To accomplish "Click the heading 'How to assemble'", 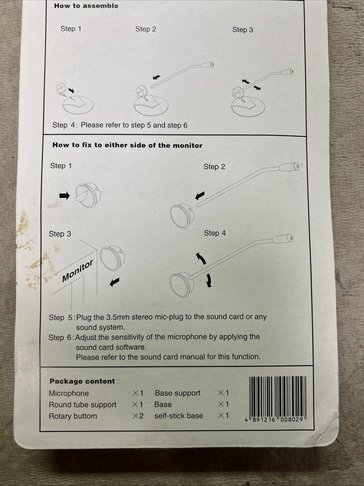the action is [x=86, y=5].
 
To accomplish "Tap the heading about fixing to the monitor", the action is [x=127, y=145].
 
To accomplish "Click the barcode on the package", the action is [x=277, y=399].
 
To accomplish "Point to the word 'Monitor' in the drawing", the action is [x=77, y=271].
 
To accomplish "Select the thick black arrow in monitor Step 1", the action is [x=65, y=195].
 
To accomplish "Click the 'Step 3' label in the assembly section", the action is [x=243, y=30].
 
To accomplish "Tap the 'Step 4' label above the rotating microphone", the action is [x=215, y=233].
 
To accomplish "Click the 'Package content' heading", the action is [x=83, y=381].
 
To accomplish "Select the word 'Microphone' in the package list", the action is [x=69, y=393].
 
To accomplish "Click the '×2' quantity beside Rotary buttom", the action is [x=138, y=416].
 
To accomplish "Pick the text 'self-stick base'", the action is [x=179, y=416].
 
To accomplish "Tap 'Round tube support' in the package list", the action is [x=83, y=404].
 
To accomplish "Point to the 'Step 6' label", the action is [x=60, y=337].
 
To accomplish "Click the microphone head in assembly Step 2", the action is [x=207, y=65].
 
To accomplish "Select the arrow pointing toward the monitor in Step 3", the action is [x=115, y=282].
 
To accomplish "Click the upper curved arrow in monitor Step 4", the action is [x=201, y=259].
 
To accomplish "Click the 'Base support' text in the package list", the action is [x=177, y=393].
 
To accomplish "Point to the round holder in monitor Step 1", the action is [x=88, y=195].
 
